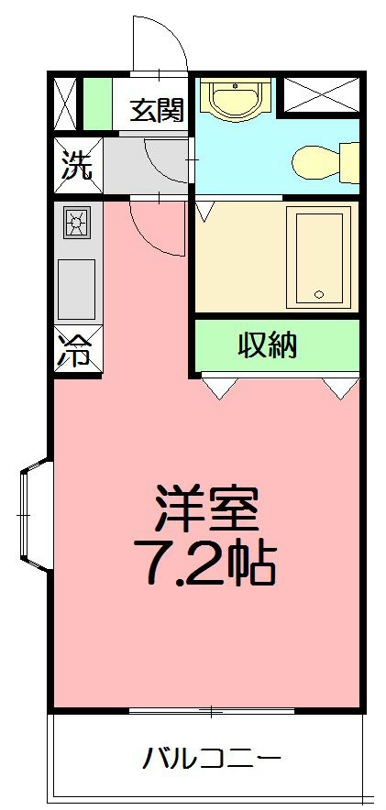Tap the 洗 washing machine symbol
point(77,166)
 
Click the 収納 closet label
point(269,345)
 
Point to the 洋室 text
point(207,509)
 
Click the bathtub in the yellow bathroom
point(318,257)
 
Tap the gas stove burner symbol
point(77,223)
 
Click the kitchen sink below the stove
point(77,288)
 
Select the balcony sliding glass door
point(211,711)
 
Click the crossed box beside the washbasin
point(318,95)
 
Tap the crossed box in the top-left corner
point(66,104)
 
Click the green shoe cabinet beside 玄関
point(96,104)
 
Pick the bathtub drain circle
point(319,295)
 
